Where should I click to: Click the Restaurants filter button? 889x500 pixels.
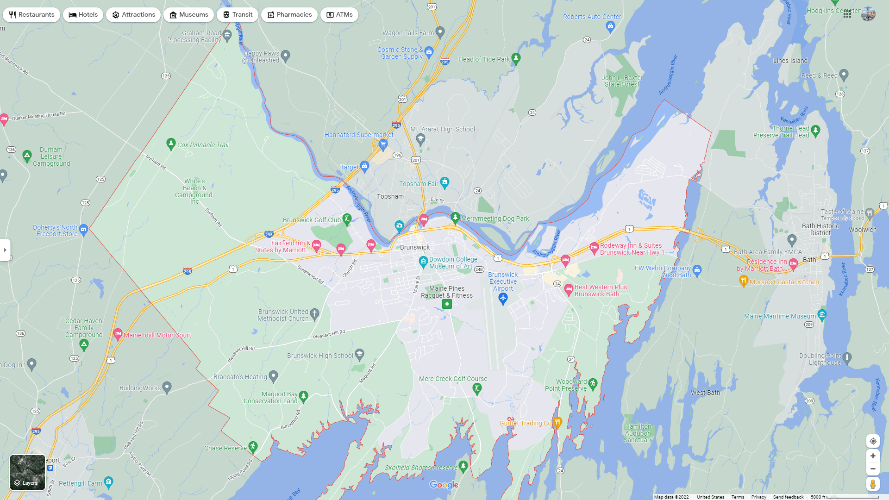(31, 15)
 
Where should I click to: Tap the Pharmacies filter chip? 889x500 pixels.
(289, 15)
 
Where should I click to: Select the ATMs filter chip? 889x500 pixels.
(339, 15)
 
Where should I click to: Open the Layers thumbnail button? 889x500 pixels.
(28, 472)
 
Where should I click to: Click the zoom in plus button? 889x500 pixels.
(873, 456)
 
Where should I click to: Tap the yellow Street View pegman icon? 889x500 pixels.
(873, 484)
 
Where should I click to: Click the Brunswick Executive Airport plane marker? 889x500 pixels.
(503, 299)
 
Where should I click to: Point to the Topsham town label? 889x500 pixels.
(390, 196)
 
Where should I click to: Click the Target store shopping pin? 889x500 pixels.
(364, 166)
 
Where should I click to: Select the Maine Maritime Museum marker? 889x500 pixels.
(822, 314)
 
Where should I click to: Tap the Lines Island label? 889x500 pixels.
(790, 61)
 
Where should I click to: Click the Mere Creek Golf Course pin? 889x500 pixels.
(477, 388)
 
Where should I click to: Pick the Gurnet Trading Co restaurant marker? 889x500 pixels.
(557, 422)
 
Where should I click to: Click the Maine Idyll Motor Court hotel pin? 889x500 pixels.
(118, 333)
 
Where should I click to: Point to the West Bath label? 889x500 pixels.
(705, 393)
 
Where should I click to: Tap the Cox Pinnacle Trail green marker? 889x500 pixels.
(171, 144)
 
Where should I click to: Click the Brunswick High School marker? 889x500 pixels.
(360, 355)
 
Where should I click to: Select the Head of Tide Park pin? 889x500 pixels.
(516, 58)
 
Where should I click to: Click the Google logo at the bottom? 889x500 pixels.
(444, 485)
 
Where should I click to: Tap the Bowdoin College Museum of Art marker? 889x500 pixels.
(423, 262)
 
